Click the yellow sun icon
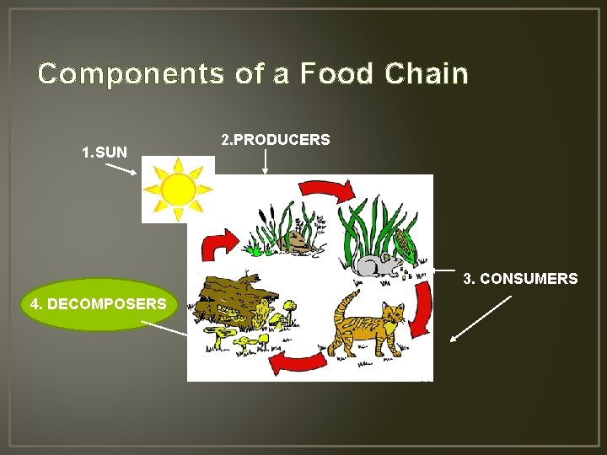tap(177, 190)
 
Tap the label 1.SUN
tap(104, 153)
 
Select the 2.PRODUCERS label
tap(275, 139)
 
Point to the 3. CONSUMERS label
tap(520, 278)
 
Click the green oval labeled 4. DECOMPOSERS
tap(98, 303)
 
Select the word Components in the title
tap(131, 74)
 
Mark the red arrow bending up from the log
tap(216, 245)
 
